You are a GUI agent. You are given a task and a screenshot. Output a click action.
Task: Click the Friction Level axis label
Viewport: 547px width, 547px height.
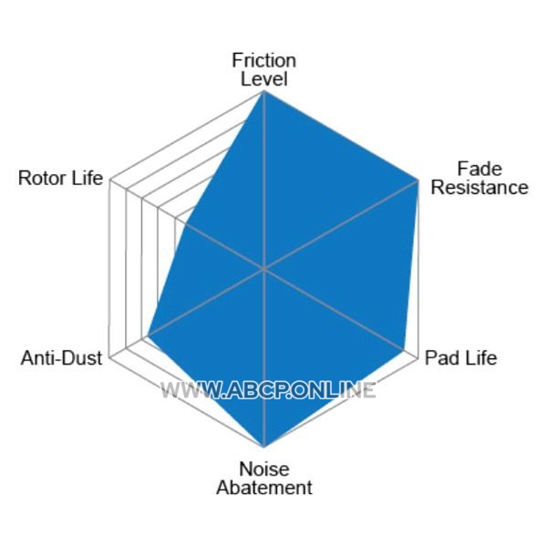pyautogui.click(x=264, y=70)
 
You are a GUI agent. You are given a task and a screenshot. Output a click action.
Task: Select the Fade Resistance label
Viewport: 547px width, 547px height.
pyautogui.click(x=480, y=178)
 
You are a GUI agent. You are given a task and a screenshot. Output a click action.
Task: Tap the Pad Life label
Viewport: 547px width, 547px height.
pyautogui.click(x=460, y=358)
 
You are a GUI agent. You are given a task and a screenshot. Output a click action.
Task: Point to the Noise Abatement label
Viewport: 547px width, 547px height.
pyautogui.click(x=264, y=479)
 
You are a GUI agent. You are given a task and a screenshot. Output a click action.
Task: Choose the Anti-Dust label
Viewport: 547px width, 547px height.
pyautogui.click(x=61, y=358)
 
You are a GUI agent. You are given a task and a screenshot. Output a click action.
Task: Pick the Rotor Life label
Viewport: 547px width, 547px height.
pyautogui.click(x=61, y=178)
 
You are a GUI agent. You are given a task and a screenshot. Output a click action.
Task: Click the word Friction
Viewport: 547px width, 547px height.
pyautogui.click(x=264, y=60)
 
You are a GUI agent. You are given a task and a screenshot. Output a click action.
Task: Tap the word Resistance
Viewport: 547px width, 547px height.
pyautogui.click(x=480, y=187)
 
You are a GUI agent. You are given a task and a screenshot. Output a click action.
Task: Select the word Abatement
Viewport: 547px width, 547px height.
pyautogui.click(x=264, y=488)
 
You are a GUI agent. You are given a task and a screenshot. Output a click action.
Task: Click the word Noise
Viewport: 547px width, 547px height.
pyautogui.click(x=264, y=470)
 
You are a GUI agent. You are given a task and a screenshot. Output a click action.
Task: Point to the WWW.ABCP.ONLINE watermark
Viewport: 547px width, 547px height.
pyautogui.click(x=268, y=390)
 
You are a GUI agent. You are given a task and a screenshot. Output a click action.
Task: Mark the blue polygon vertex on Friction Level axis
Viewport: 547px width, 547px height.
pyautogui.click(x=264, y=91)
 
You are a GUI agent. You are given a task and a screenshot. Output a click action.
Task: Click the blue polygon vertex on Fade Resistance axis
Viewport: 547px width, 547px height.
pyautogui.click(x=418, y=180)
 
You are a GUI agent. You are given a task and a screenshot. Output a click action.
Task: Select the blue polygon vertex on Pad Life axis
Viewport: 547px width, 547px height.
pyautogui.click(x=404, y=349)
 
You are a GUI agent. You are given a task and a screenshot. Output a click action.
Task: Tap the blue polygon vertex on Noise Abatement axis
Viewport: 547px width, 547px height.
pyautogui.click(x=264, y=447)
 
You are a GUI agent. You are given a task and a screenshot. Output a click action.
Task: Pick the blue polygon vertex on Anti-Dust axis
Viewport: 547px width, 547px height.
pyautogui.click(x=148, y=336)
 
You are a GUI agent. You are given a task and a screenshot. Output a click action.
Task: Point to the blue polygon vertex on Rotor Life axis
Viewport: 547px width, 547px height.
pyautogui.click(x=186, y=223)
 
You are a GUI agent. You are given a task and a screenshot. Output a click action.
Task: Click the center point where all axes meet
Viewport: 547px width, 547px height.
pyautogui.click(x=264, y=269)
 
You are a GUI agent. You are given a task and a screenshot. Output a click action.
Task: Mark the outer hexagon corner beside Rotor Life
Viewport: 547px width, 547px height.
pyautogui.click(x=110, y=180)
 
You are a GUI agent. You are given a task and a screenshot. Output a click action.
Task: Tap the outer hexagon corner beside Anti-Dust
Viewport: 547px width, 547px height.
pyautogui.click(x=110, y=358)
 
